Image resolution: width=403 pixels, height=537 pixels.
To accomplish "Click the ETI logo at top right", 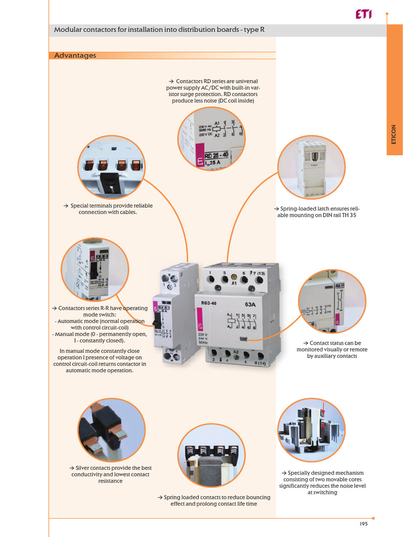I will (x=363, y=15).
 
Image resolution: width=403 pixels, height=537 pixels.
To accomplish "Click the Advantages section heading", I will (x=75, y=56).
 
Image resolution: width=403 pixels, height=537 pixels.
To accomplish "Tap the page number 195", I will (x=363, y=524).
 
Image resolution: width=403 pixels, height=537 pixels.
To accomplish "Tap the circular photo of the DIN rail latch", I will (x=311, y=167).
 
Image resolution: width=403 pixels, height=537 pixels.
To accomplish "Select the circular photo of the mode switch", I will (x=95, y=271).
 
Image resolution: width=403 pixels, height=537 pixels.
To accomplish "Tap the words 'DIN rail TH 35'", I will (x=336, y=215).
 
